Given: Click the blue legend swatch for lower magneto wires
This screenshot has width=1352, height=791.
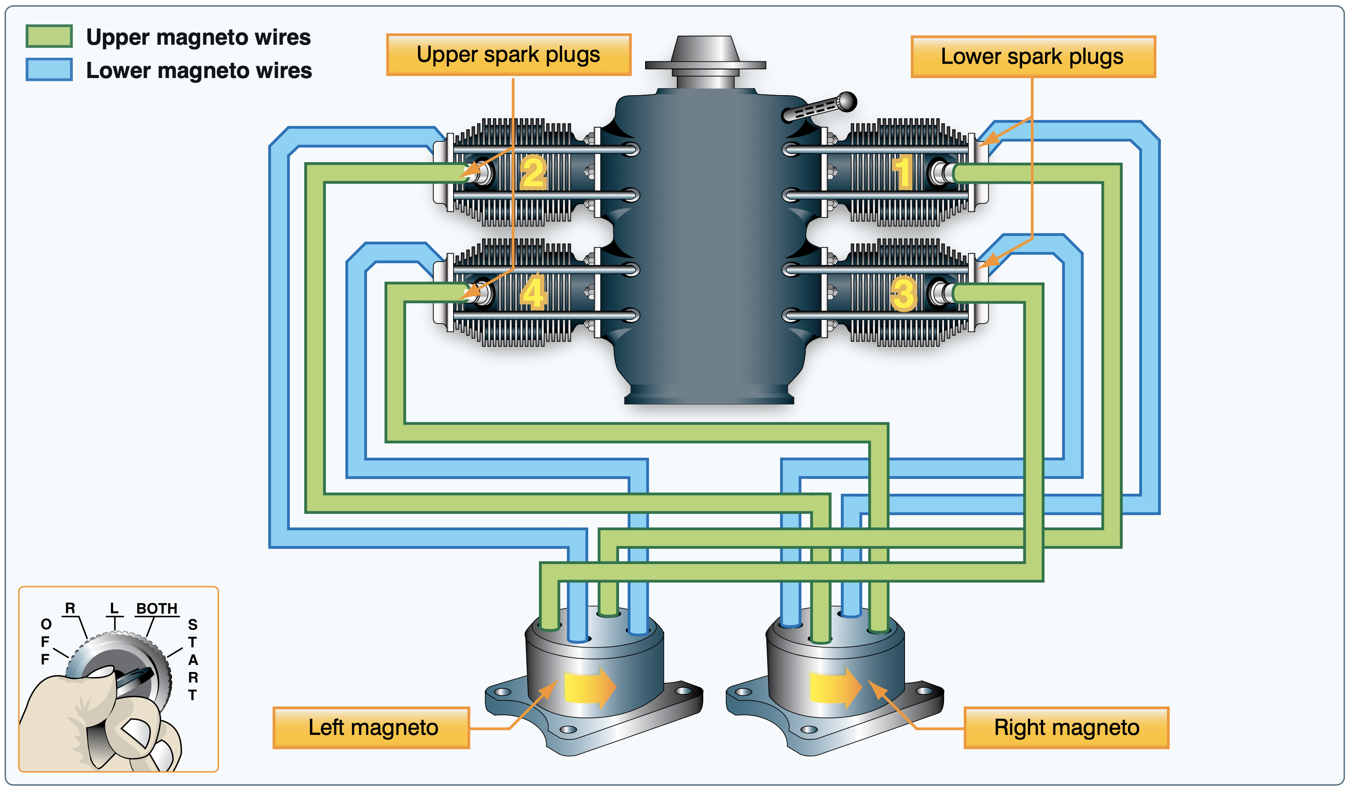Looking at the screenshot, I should [49, 70].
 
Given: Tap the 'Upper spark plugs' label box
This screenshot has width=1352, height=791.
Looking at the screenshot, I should [508, 55].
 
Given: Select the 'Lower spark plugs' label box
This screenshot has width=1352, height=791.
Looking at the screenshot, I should [1032, 57].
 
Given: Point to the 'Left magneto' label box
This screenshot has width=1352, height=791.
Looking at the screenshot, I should [371, 727].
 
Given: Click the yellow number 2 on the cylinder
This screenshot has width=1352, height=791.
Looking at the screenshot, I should [533, 173].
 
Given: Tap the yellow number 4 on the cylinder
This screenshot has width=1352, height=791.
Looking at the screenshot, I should [533, 292].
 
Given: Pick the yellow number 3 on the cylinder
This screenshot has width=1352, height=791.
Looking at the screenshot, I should [903, 294].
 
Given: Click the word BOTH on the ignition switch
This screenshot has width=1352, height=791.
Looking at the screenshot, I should [157, 608].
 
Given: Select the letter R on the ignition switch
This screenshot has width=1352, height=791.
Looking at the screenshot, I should [70, 608].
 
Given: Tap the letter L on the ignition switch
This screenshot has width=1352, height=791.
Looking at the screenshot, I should [114, 608].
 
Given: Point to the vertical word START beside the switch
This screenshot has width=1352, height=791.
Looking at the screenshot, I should [193, 660].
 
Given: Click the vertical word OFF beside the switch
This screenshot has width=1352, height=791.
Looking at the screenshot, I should [46, 641].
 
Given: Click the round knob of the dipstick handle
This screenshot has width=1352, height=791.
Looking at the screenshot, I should [846, 101].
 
